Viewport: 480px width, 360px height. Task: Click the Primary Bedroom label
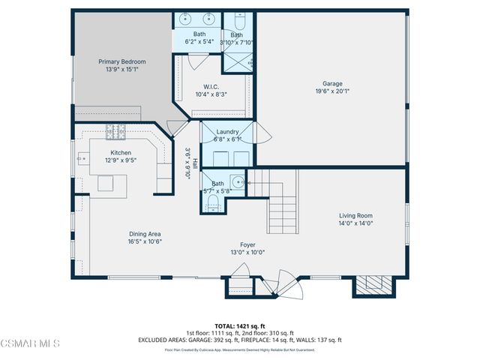click(122, 61)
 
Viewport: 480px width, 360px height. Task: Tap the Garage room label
click(332, 83)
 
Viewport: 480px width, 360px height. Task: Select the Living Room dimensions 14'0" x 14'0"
click(355, 223)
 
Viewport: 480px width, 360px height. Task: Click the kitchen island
click(106, 184)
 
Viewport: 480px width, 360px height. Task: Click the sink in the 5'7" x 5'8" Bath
click(237, 181)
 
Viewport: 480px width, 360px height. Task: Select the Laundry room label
click(227, 131)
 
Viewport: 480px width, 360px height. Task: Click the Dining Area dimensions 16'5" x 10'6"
click(145, 241)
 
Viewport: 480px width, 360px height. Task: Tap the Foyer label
click(247, 244)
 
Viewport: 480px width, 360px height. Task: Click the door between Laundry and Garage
click(261, 135)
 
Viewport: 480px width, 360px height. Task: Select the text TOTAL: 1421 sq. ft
click(240, 326)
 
